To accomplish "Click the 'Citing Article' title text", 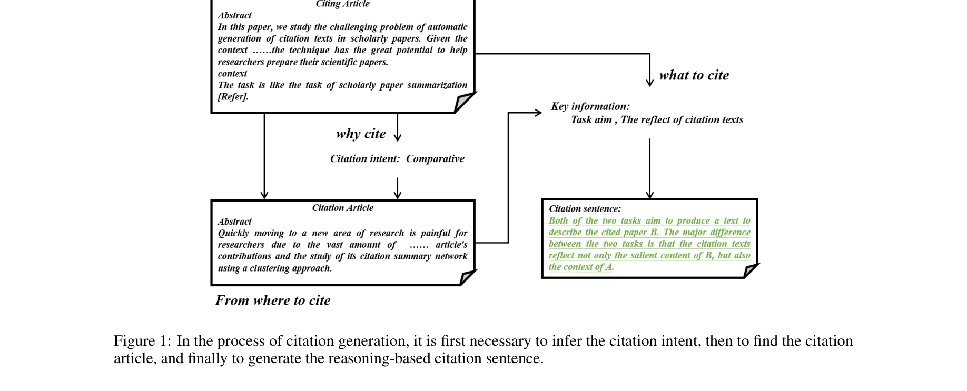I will point(342,4).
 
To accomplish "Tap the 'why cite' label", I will point(361,134).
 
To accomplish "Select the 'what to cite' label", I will point(694,75).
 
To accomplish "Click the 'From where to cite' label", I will point(272,300).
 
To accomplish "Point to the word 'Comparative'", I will point(435,159).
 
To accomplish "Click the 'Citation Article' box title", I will point(342,208).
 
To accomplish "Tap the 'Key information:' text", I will point(590,106).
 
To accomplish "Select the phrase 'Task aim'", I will point(591,120).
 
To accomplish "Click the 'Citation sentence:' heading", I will point(585,209).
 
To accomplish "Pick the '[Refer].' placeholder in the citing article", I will point(233,97).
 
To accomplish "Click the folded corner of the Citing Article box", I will point(463,102).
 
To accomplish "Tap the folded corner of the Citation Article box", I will point(467,277).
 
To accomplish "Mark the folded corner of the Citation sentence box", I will point(751,270).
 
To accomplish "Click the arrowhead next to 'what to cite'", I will point(649,82).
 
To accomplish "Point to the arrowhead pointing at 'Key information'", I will point(538,112).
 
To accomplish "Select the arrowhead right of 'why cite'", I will point(398,137).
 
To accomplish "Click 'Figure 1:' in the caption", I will point(142,341).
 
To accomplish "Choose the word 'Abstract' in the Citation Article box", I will point(234,222).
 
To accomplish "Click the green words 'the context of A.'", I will point(581,267).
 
